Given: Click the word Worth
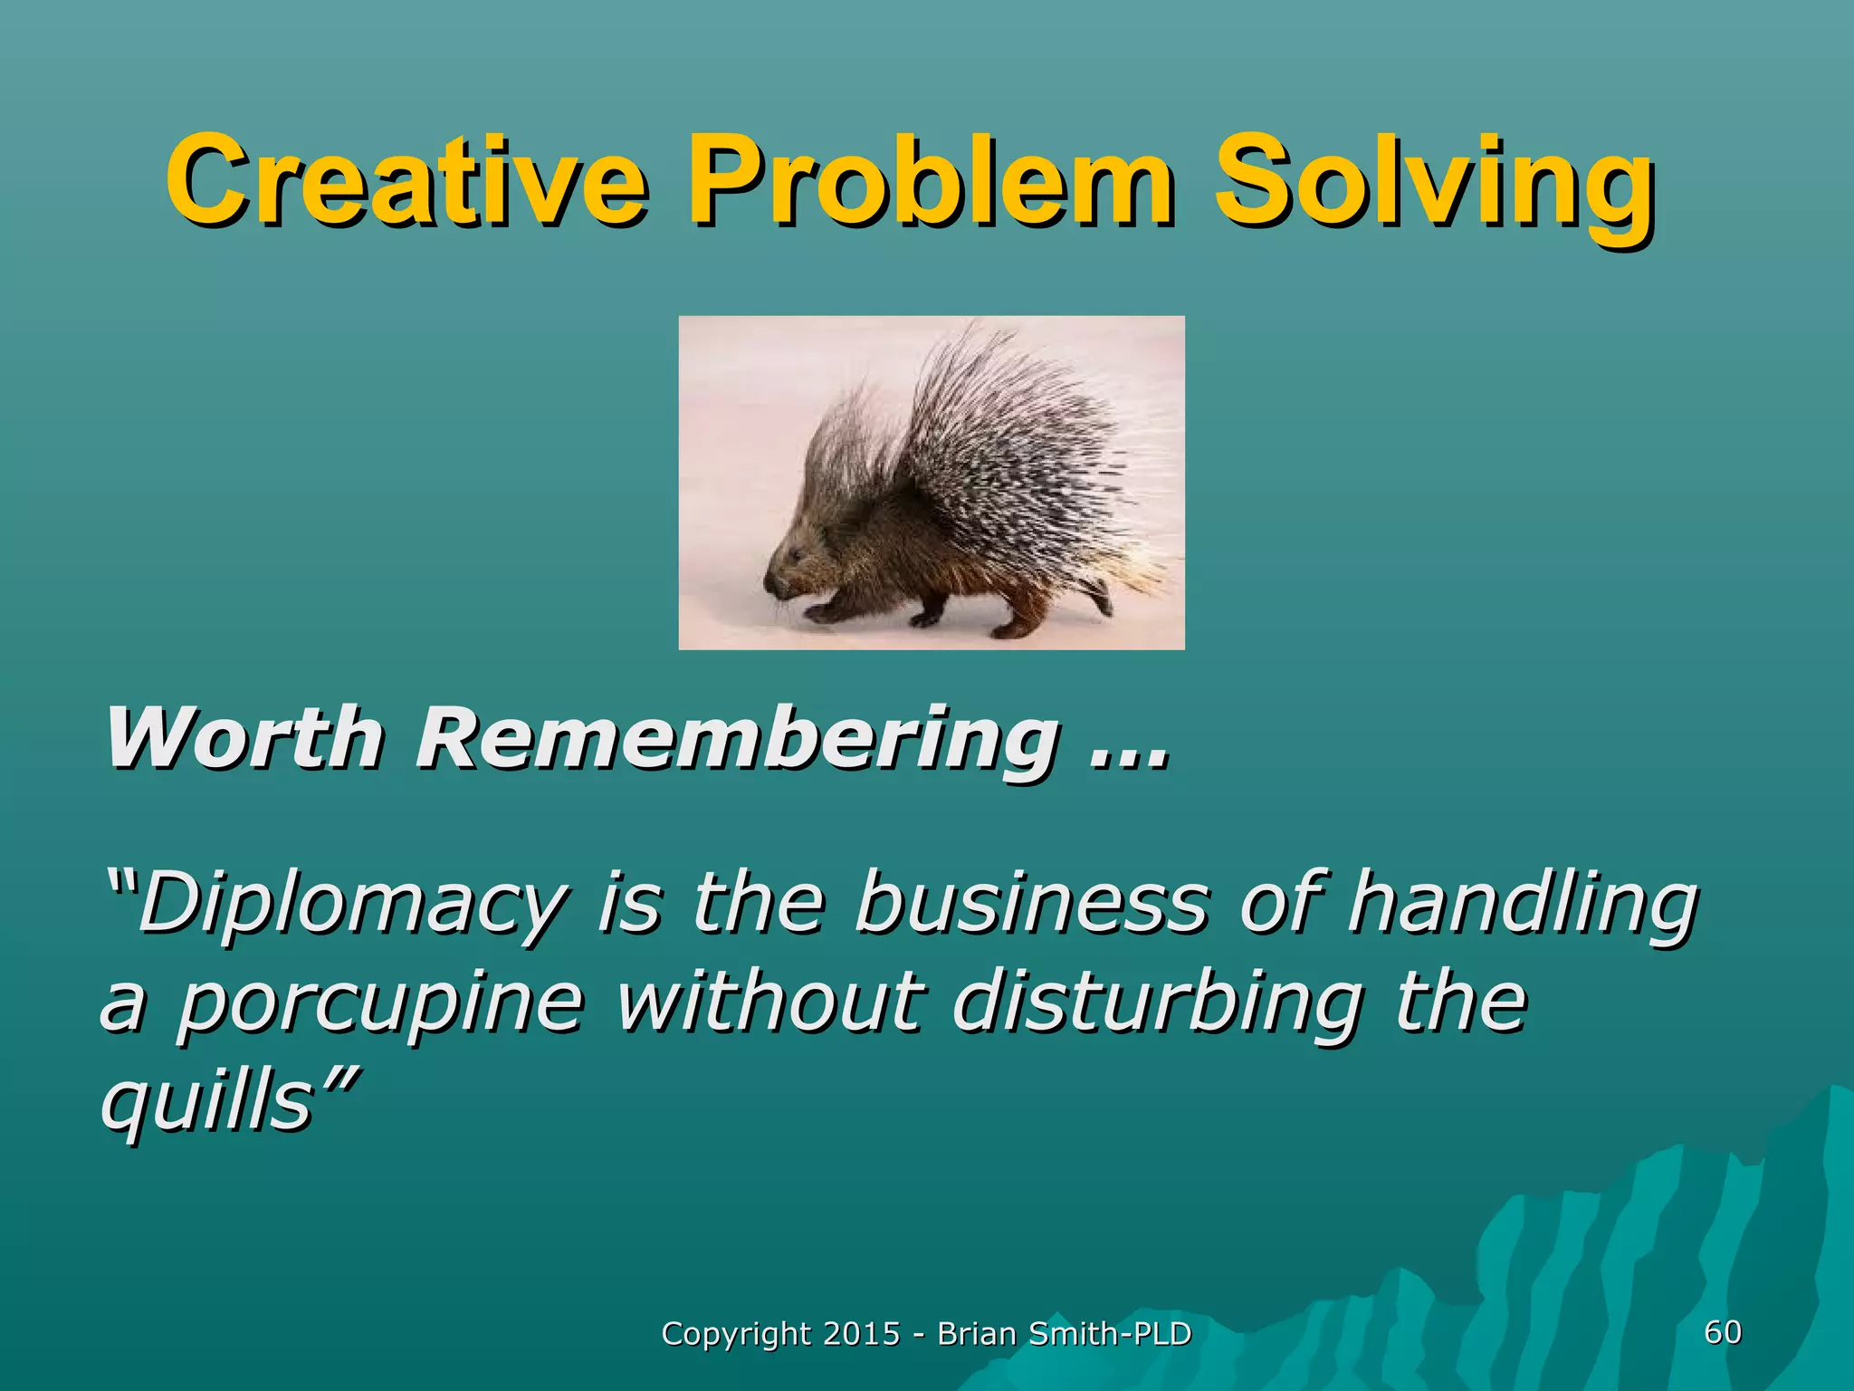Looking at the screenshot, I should [x=244, y=738].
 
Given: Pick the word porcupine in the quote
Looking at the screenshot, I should [x=380, y=1005].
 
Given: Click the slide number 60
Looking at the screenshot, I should [x=1722, y=1331].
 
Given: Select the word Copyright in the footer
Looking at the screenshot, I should [x=736, y=1334].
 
